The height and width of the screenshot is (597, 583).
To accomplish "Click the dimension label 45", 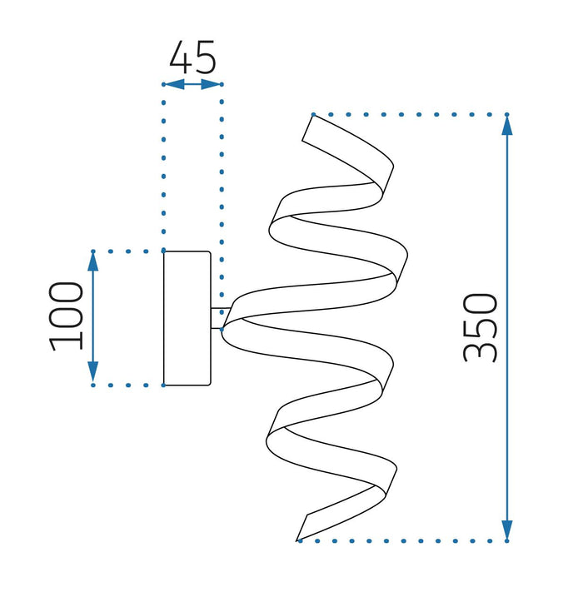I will pos(192,57).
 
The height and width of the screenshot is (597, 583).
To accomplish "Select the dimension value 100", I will pos(67,316).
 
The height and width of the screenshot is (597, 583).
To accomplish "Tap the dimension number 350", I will pos(481,327).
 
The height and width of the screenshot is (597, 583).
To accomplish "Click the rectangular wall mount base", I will pos(187,318).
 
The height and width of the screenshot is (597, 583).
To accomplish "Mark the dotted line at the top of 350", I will pos(408,114).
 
